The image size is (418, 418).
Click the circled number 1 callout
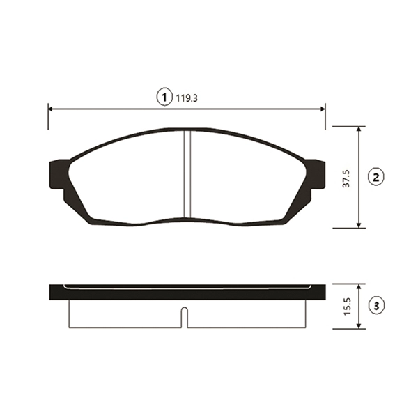point(164,97)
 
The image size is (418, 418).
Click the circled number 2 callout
point(376,177)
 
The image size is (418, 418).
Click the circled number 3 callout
point(376,306)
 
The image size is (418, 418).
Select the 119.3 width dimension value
point(187,98)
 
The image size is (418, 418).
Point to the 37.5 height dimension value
point(346,178)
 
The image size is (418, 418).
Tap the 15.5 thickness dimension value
point(348,307)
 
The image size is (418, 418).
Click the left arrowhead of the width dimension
point(51,109)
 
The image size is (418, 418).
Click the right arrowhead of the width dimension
point(323,109)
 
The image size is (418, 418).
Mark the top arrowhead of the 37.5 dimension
point(359,130)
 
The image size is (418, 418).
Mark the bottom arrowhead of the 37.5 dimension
point(359,225)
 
